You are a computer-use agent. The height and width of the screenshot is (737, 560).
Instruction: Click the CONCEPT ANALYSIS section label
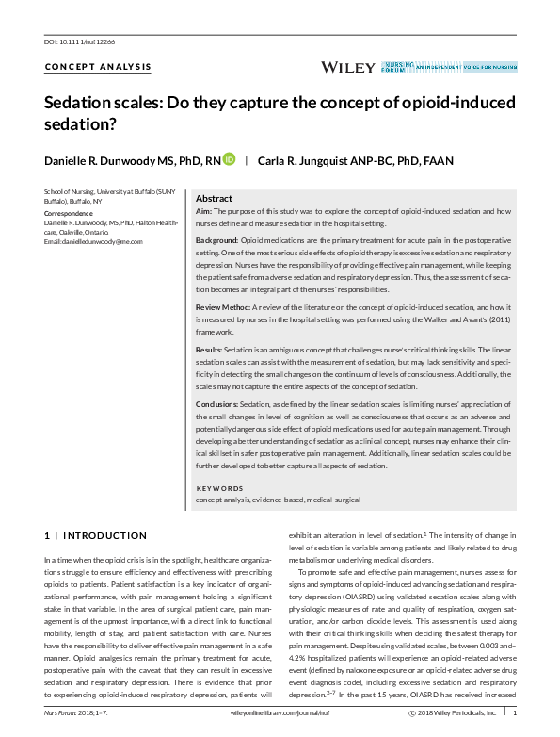click(x=97, y=66)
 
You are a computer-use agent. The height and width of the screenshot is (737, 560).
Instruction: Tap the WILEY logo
click(x=348, y=67)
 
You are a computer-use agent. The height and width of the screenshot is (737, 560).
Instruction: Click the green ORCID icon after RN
click(x=230, y=160)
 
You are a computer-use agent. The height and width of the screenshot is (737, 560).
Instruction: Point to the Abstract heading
click(x=213, y=199)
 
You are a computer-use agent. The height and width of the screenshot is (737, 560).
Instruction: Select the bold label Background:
click(x=216, y=243)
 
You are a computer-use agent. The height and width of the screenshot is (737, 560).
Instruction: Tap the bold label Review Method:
click(x=223, y=308)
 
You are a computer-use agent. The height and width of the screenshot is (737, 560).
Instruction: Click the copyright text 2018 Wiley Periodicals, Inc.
click(x=458, y=714)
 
